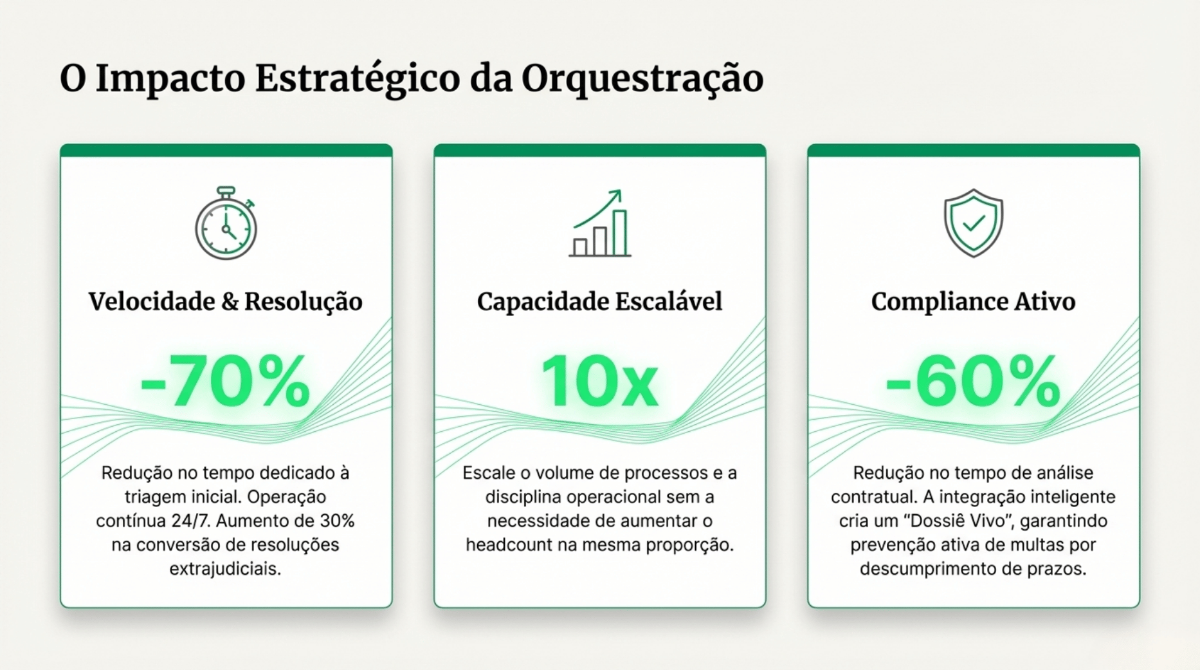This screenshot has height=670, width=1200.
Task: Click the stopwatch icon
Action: coord(226,224)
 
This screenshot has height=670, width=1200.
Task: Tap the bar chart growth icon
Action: coord(599,224)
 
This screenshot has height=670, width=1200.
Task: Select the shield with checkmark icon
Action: coord(973,223)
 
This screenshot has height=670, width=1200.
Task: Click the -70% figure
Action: coord(225,382)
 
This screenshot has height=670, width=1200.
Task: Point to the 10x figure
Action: coord(599,382)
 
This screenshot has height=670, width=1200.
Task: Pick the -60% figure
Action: coord(972,382)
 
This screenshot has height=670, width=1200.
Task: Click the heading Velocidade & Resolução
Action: coord(225,301)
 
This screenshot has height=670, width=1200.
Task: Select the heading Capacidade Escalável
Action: coord(599,301)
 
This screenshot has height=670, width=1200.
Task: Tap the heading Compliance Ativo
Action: coord(973,301)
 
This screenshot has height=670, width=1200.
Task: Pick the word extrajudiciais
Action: coord(225,569)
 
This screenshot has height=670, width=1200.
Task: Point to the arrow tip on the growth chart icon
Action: coord(618,192)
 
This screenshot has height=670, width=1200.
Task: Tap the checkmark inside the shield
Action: coord(974,223)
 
